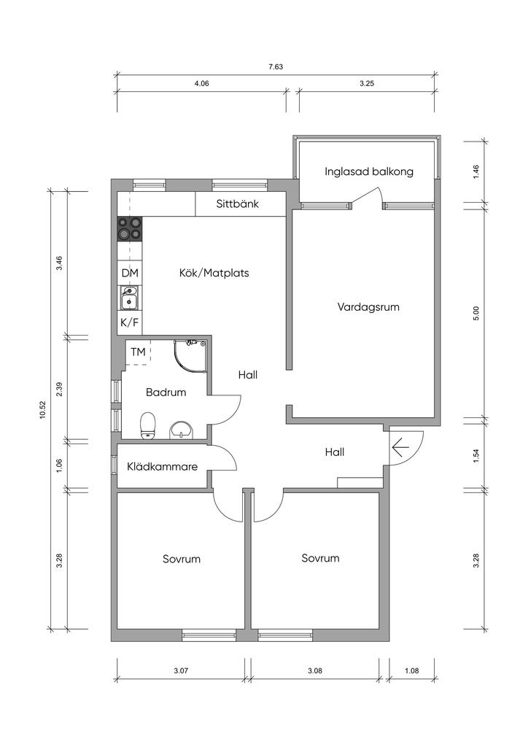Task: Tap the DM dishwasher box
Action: click(130, 273)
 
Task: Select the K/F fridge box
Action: click(130, 322)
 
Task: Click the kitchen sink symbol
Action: click(129, 298)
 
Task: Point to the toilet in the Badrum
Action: click(148, 425)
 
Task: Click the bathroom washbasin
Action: click(181, 430)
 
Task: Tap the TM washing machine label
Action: click(138, 352)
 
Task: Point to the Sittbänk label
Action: click(238, 204)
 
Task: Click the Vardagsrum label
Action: click(368, 307)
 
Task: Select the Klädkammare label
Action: click(163, 466)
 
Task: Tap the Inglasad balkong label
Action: click(369, 171)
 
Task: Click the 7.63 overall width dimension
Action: click(276, 66)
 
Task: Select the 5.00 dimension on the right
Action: click(476, 313)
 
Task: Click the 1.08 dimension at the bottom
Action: click(412, 670)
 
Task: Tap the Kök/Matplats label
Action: click(214, 273)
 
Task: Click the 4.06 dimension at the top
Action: click(202, 83)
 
